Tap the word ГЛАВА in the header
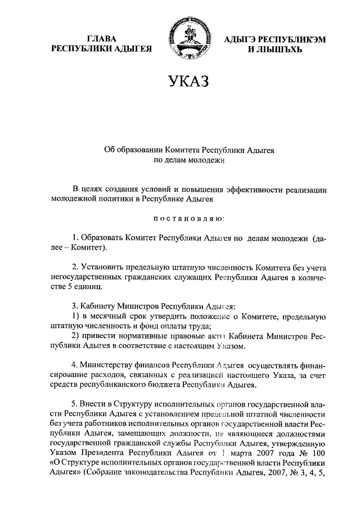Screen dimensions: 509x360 [102, 39]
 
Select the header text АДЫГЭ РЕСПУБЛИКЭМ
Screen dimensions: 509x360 [274, 39]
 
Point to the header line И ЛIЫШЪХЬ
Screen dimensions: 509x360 [275, 49]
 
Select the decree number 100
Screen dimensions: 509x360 [318, 453]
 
